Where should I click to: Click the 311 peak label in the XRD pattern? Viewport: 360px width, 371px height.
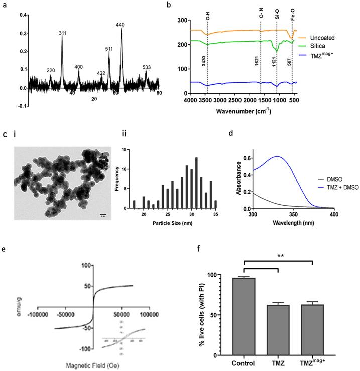pos(63,33)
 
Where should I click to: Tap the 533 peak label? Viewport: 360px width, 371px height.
pos(147,66)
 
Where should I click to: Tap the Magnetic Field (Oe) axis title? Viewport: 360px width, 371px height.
pos(93,365)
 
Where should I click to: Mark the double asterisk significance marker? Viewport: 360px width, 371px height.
pos(279,256)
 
